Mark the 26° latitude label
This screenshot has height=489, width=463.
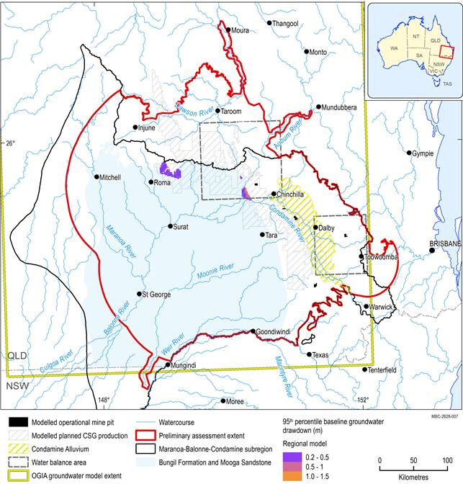point(9,143)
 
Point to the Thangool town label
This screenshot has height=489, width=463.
point(286,24)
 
